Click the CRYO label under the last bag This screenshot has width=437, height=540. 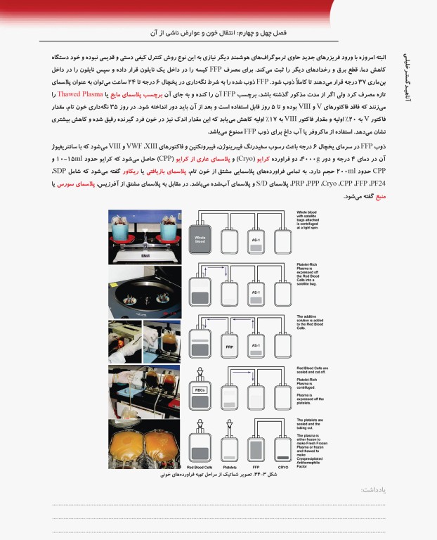282,466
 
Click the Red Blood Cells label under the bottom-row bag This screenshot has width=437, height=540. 200,466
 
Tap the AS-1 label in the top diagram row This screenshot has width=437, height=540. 256,240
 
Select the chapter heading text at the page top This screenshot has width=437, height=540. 221,33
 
